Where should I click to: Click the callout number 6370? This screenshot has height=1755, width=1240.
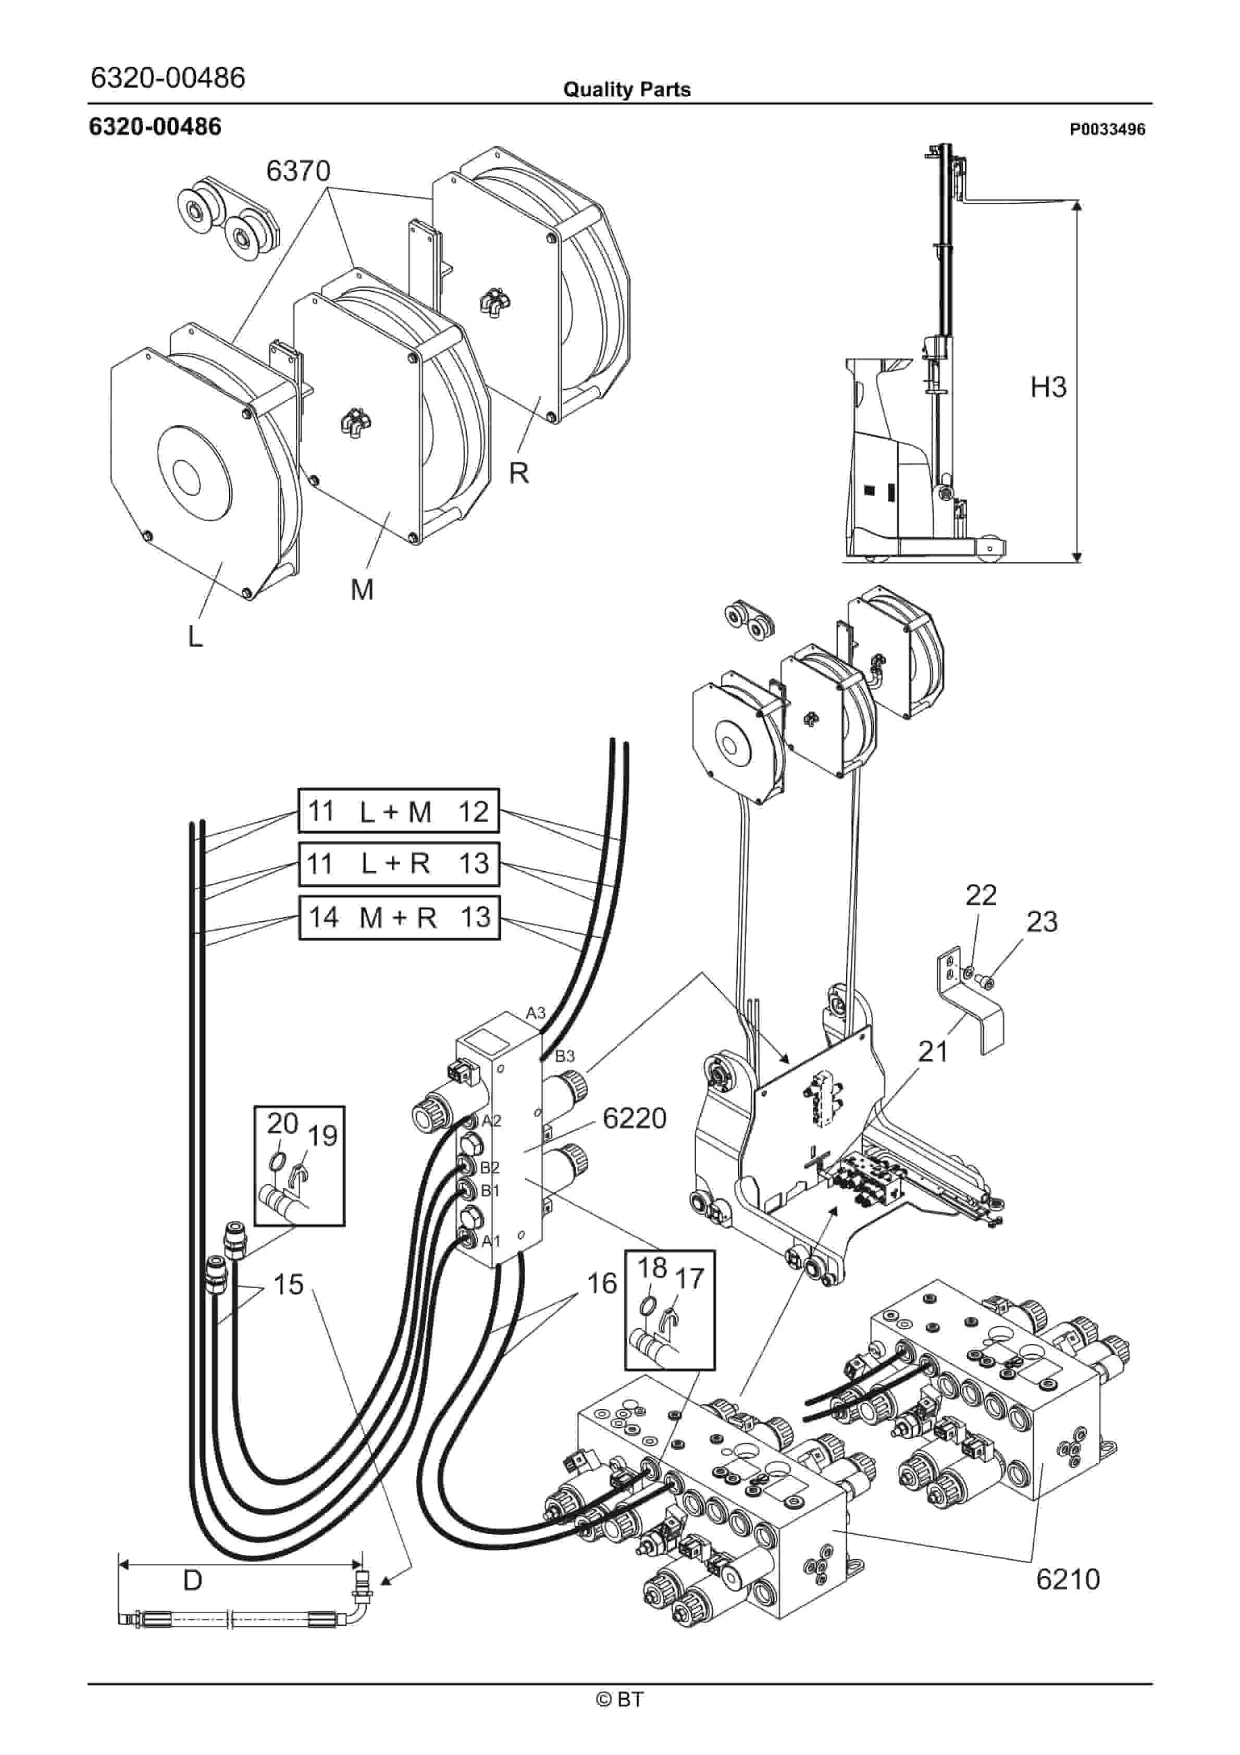tap(298, 170)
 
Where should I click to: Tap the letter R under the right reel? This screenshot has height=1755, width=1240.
tap(519, 473)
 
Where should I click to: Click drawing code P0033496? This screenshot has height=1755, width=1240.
tap(1107, 129)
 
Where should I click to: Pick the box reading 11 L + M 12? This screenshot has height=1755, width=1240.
tap(398, 811)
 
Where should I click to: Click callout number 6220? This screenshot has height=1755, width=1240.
tap(635, 1118)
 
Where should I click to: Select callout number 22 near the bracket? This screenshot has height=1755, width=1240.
tap(981, 895)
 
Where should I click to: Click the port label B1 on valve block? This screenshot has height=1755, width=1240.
tap(490, 1191)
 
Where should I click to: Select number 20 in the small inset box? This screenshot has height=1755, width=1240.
tap(281, 1123)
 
